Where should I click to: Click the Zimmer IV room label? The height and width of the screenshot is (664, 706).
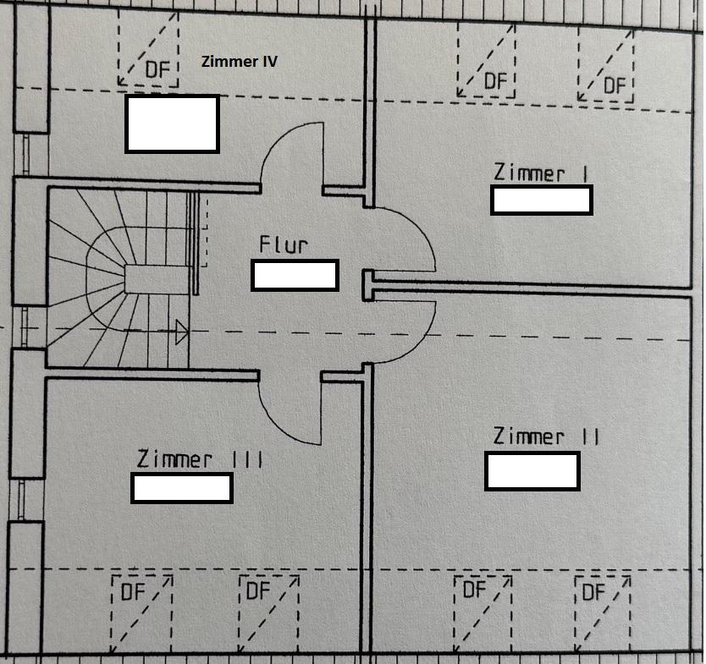239,62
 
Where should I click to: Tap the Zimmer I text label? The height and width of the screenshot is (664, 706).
541,173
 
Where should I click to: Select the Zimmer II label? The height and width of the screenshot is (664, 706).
547,436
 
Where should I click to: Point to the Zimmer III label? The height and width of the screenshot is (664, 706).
199,459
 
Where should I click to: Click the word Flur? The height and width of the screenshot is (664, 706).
284,245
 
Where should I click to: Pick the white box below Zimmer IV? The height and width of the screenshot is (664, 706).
172,123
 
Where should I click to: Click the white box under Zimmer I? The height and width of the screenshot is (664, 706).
541,200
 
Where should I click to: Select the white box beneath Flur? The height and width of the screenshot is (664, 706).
295,276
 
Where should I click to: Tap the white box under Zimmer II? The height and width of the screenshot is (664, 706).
532,470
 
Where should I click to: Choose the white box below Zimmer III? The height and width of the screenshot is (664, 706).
181,488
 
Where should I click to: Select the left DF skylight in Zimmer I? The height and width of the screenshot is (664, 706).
486,61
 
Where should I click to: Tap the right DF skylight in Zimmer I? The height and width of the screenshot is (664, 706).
605,63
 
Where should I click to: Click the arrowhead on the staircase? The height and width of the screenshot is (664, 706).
180,332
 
